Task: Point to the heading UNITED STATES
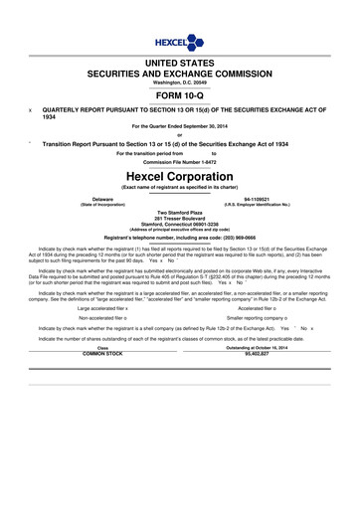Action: tap(179, 63)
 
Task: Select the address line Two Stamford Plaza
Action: tap(179, 212)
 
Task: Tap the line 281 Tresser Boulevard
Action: tap(179, 219)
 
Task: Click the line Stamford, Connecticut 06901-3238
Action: tap(179, 225)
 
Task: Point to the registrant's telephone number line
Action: tap(179, 239)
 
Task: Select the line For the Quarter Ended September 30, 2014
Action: tap(179, 127)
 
